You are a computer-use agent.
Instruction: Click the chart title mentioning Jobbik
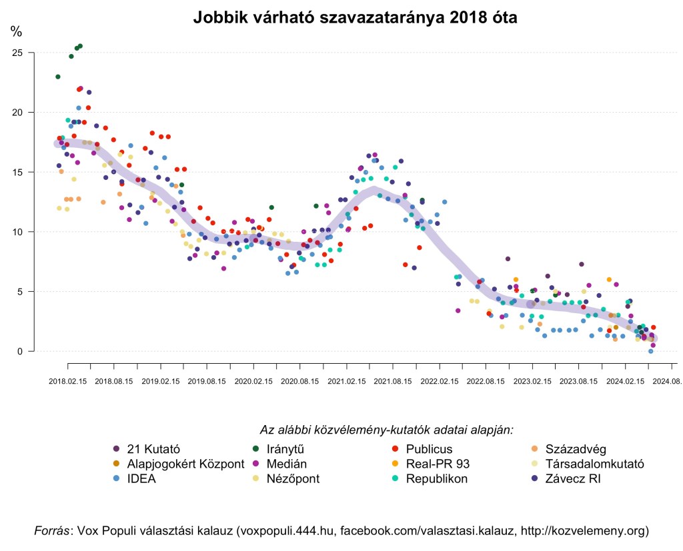[355, 18]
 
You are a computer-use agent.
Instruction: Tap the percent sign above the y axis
[16, 31]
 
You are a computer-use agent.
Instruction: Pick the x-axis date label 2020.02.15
[253, 382]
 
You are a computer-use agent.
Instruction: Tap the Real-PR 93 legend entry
[438, 464]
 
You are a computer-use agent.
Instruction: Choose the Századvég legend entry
[576, 448]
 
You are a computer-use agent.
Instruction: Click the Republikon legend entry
[436, 478]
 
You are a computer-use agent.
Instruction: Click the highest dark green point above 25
[80, 46]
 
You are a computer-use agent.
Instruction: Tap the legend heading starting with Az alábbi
[387, 430]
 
